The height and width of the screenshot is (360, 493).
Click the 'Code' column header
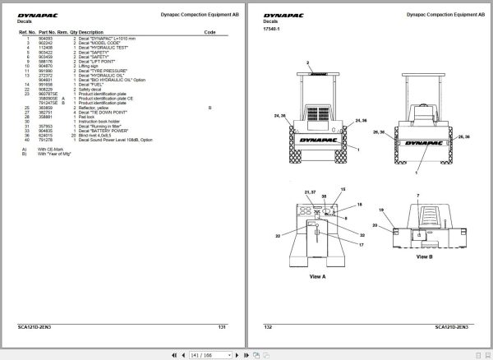coord(210,32)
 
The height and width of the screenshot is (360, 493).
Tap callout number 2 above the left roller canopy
coord(308,62)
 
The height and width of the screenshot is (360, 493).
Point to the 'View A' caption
coord(317,277)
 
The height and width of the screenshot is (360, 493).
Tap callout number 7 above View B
coord(417,196)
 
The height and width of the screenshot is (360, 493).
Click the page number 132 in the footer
coord(269,327)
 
